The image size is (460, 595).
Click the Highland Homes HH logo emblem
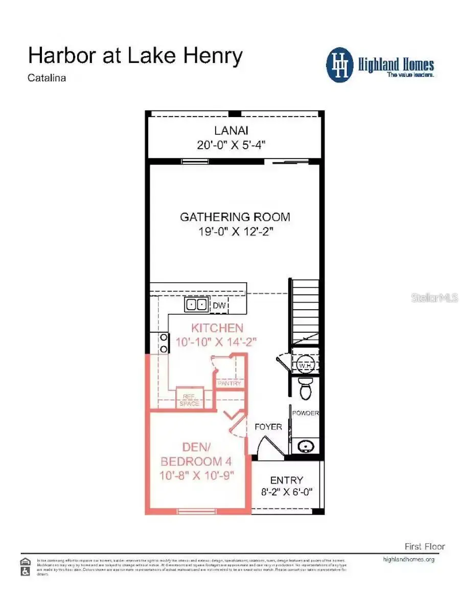[340, 65]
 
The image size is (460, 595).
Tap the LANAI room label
[231, 130]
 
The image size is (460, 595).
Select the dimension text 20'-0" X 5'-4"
[231, 145]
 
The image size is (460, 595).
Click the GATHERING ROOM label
[235, 217]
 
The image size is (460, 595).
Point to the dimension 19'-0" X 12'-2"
[235, 232]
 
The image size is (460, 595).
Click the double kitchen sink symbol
[197, 305]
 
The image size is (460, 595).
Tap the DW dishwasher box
[219, 306]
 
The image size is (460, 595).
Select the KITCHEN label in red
[217, 328]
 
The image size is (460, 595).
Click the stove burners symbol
[164, 343]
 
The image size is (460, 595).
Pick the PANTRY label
[229, 383]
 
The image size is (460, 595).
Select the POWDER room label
[305, 413]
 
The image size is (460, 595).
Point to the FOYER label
[268, 426]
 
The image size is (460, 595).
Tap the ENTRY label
[286, 480]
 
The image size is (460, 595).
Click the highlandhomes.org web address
[408, 559]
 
